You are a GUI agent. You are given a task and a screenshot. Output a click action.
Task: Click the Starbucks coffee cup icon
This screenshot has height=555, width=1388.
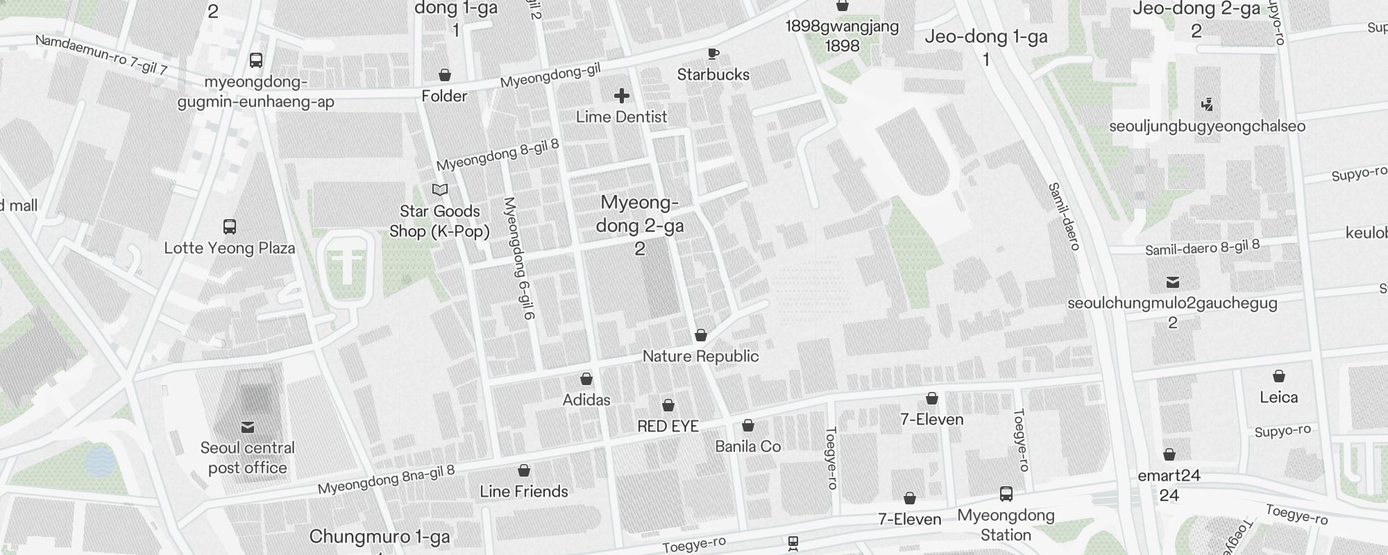[713, 53]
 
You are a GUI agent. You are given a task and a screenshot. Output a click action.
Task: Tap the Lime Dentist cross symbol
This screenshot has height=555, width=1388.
[622, 96]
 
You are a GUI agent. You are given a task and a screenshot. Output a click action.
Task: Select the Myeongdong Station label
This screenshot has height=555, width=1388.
[1006, 525]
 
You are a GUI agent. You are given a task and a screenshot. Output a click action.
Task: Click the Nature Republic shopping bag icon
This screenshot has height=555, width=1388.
[701, 336]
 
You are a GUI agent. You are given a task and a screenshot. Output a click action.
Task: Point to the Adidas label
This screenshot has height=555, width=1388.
[586, 400]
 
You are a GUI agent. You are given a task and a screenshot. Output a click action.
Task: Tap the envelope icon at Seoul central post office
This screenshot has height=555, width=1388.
[248, 427]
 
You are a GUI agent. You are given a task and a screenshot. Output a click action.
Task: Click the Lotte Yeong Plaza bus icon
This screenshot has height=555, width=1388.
[229, 227]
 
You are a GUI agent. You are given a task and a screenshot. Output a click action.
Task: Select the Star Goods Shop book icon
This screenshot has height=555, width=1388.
[440, 190]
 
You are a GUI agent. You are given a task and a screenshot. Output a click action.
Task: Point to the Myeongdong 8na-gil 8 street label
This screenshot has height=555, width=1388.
[386, 479]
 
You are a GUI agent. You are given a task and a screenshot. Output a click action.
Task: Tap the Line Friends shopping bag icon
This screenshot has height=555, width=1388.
[524, 471]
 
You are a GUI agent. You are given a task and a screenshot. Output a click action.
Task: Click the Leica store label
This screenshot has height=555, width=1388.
[1278, 398]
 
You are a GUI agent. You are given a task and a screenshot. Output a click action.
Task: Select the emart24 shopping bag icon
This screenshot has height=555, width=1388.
[1169, 455]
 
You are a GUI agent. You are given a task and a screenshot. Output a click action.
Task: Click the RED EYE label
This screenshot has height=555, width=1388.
[668, 427]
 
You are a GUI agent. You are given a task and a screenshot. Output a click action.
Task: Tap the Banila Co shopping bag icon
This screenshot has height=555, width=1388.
[748, 425]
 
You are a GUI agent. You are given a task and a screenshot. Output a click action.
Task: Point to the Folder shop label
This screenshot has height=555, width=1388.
[444, 96]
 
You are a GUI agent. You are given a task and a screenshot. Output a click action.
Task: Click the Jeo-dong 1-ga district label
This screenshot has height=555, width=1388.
[986, 37]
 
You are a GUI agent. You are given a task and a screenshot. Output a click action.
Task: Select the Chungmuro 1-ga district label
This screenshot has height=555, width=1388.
[380, 537]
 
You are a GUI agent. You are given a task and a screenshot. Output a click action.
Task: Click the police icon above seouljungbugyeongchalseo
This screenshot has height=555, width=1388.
[1207, 105]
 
